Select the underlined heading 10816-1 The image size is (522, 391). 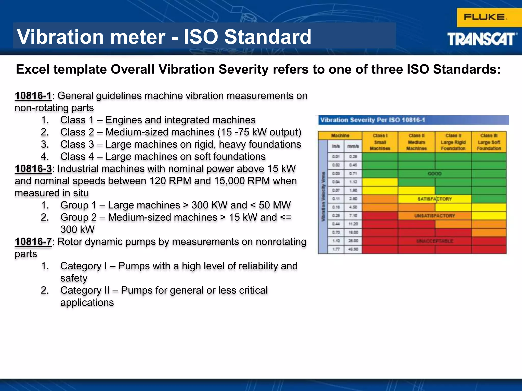(33, 96)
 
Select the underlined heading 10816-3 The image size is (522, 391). (33, 169)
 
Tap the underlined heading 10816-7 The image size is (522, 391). (33, 242)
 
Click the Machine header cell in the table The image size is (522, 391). (340, 135)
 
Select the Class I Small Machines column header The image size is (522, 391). (380, 142)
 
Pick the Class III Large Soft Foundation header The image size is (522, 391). (489, 142)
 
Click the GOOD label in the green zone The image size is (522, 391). (435, 174)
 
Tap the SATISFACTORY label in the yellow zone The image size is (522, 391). (435, 199)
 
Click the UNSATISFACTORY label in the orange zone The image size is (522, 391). (435, 216)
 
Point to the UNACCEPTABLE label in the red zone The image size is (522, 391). (435, 241)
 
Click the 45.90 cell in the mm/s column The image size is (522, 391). (353, 249)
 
